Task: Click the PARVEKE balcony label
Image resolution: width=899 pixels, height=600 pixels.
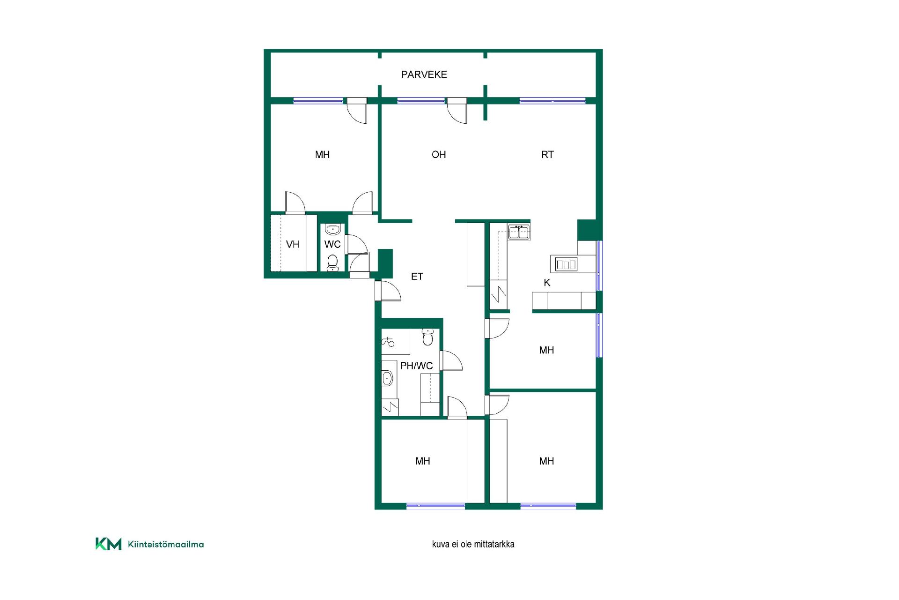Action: [424, 75]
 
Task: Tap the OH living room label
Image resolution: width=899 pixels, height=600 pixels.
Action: [439, 155]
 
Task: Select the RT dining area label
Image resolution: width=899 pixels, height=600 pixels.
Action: [547, 155]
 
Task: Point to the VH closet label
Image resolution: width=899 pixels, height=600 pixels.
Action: [293, 244]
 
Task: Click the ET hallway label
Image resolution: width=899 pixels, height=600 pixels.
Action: [417, 277]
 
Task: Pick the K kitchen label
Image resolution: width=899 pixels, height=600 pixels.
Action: [547, 283]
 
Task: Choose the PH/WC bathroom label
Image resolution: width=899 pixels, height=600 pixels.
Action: [416, 366]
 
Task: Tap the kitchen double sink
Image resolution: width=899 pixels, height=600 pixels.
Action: [519, 232]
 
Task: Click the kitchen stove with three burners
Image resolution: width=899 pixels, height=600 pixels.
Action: [566, 264]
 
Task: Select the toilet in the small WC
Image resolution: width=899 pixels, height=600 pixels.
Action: [332, 262]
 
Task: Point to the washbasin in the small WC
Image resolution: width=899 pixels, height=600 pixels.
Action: [333, 230]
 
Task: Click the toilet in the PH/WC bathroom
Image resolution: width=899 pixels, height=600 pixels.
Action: [428, 337]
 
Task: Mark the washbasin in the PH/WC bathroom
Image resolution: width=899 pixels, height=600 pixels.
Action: [388, 378]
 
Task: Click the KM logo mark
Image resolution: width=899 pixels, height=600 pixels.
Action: [109, 544]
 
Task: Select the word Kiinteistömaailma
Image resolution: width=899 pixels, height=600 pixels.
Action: [166, 544]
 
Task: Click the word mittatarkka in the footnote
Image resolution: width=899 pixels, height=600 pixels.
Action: [494, 544]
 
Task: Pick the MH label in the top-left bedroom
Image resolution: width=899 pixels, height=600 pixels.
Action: [323, 155]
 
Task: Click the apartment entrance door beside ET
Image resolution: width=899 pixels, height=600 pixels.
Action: [388, 290]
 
